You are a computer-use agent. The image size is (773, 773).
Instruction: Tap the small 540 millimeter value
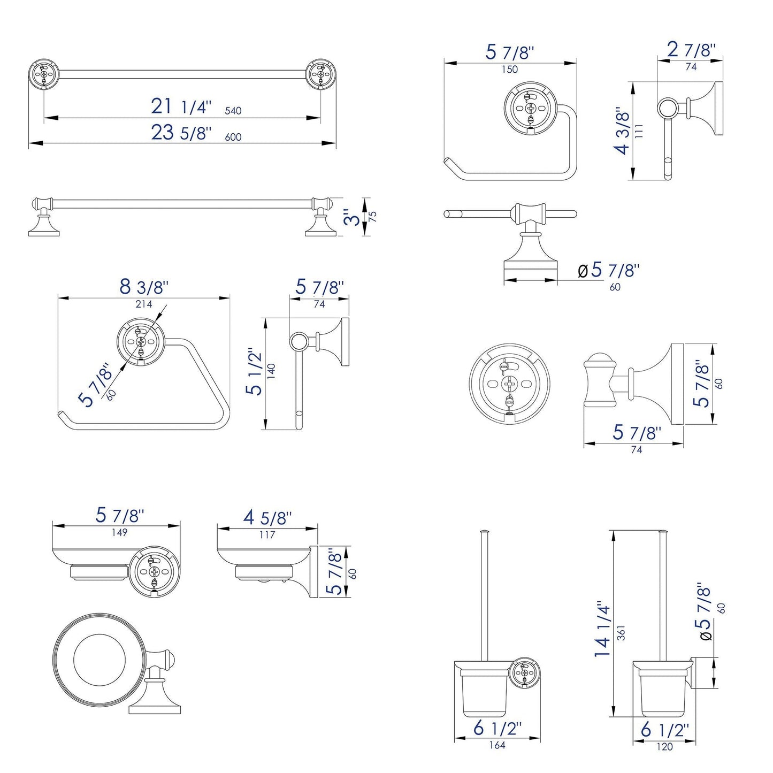coord(233,111)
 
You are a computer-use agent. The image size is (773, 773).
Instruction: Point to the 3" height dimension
coord(350,216)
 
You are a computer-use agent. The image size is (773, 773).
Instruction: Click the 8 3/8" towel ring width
coord(144,287)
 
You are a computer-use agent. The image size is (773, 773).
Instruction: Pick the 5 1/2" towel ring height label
coord(256,372)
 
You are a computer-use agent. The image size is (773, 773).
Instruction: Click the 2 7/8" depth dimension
coord(691,50)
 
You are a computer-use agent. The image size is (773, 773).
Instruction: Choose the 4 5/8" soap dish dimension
coord(267,518)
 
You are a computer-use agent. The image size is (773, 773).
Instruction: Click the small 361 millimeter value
coord(621,632)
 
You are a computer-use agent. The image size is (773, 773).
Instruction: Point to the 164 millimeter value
coord(497,745)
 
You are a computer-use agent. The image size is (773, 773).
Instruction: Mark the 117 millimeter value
coord(267,534)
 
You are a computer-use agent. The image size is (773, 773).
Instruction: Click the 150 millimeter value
coord(510,69)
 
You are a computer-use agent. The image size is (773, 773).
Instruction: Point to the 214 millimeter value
coord(143,304)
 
